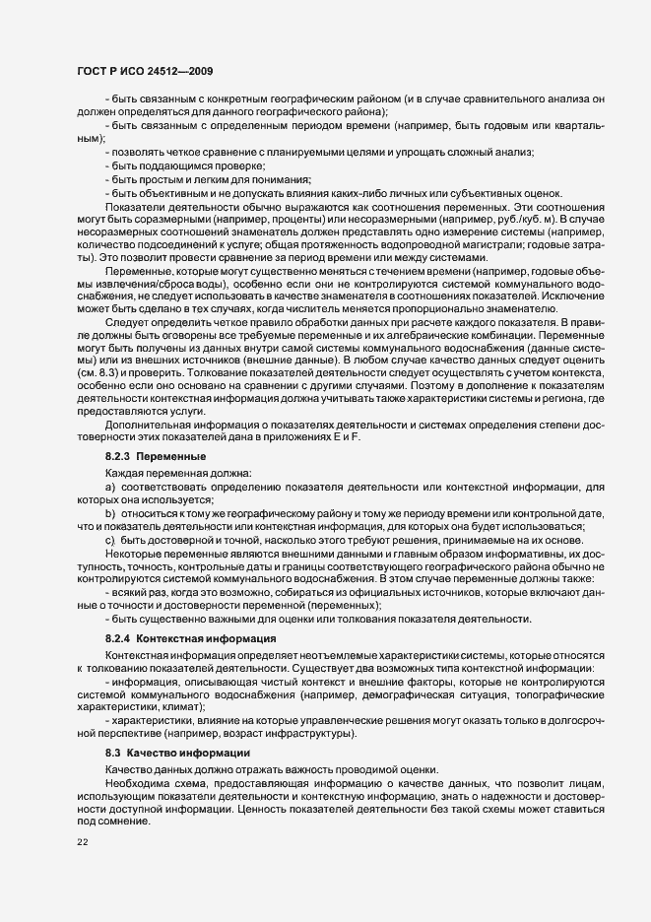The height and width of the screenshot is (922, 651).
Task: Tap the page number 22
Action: point(82,842)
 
